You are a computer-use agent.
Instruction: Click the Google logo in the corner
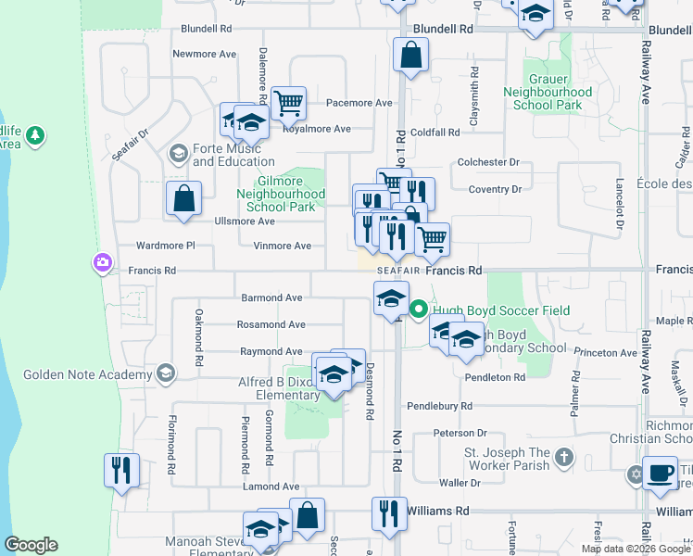click(x=31, y=545)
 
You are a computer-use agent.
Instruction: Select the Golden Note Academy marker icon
click(x=166, y=373)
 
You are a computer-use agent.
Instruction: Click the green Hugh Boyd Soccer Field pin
click(x=418, y=310)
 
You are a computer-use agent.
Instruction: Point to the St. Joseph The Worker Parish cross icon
click(x=564, y=459)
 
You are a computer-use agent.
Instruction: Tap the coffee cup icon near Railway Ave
click(x=660, y=473)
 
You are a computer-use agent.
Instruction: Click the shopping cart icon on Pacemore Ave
click(x=288, y=103)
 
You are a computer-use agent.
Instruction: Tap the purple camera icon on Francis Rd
click(x=101, y=264)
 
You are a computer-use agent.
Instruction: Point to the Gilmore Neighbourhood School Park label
click(x=279, y=195)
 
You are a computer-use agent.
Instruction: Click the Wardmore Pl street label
click(x=165, y=246)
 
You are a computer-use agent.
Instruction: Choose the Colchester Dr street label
click(x=488, y=162)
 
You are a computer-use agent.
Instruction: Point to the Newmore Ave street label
click(x=205, y=55)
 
